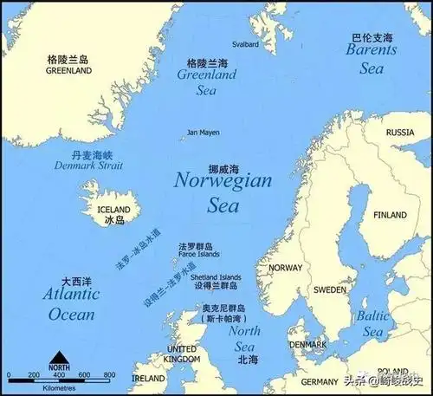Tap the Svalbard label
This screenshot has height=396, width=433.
click(245, 43)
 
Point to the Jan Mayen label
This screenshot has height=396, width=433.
click(204, 133)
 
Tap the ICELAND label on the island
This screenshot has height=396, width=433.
click(113, 210)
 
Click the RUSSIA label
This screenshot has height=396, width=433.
click(400, 133)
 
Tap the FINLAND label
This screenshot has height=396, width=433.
click(390, 215)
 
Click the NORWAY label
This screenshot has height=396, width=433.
click(285, 268)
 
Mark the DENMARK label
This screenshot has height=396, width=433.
click(309, 344)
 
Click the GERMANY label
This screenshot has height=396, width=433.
click(320, 381)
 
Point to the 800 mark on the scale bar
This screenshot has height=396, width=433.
click(110, 374)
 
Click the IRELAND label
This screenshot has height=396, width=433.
click(148, 379)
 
